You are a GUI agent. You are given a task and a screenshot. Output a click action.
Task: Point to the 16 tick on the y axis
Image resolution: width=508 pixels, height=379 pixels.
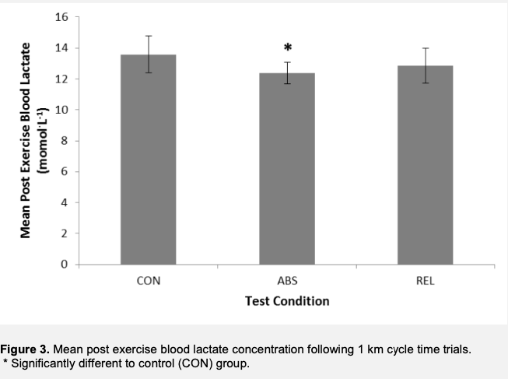[64, 17]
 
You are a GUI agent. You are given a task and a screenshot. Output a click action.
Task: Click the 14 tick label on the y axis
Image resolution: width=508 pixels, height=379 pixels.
[64, 48]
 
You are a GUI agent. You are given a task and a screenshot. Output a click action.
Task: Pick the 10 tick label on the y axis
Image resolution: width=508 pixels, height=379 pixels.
[64, 110]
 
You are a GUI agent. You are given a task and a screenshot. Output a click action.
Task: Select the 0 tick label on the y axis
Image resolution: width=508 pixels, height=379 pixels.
[66, 265]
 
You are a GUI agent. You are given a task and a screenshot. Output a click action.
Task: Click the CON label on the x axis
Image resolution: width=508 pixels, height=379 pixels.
[148, 281]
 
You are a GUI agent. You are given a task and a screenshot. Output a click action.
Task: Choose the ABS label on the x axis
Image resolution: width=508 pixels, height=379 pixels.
[287, 281]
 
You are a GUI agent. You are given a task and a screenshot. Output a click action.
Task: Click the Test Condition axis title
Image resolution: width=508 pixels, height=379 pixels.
[287, 300]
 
